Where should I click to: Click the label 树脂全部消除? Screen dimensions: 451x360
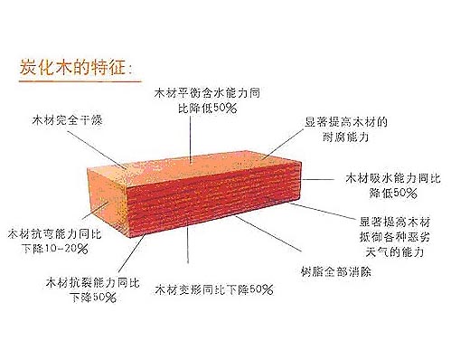(331, 270)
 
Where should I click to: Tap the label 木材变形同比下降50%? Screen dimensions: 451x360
(213, 289)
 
